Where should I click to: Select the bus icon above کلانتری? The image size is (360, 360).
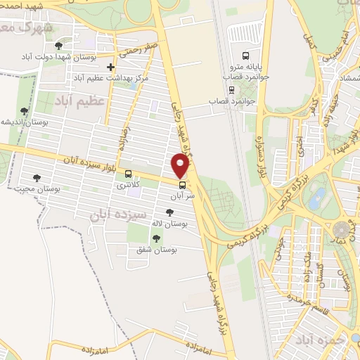[128, 174]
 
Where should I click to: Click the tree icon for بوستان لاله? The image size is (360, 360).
[169, 212]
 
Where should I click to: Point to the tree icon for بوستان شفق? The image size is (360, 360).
[156, 238]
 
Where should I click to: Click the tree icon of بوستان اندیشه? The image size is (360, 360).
[25, 111]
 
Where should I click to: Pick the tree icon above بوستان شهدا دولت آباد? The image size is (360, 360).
[58, 44]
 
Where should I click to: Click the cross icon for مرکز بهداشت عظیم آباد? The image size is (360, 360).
[111, 67]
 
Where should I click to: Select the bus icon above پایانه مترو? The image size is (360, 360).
[245, 56]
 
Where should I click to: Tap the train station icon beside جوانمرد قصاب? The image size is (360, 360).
[232, 89]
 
